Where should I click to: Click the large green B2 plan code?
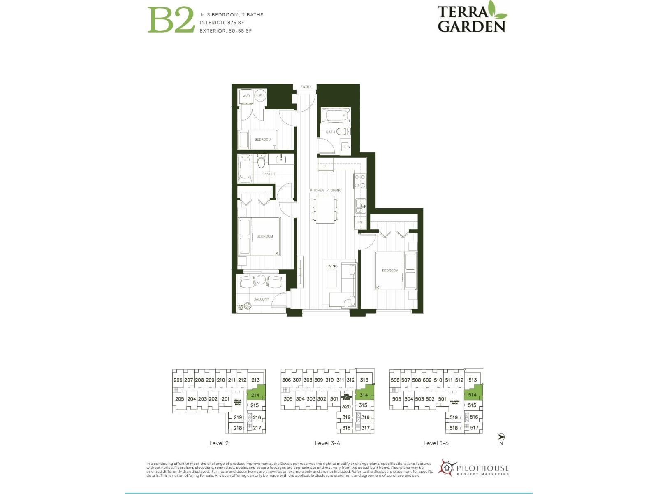171,20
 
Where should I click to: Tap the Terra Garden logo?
472,17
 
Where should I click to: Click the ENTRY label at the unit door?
306,87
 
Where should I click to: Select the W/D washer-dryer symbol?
246,96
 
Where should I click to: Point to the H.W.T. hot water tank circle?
260,96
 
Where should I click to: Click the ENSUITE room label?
269,174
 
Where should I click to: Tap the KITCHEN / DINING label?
326,191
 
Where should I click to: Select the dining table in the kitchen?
325,210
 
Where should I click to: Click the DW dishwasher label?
360,222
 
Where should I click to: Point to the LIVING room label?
331,266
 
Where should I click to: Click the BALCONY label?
261,299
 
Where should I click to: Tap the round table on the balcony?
261,280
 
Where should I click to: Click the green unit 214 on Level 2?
255,394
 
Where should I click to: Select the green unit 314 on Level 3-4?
364,394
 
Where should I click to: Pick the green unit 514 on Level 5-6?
473,394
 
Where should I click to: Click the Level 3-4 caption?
327,443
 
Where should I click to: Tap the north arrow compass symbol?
501,437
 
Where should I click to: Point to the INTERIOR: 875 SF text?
222,23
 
